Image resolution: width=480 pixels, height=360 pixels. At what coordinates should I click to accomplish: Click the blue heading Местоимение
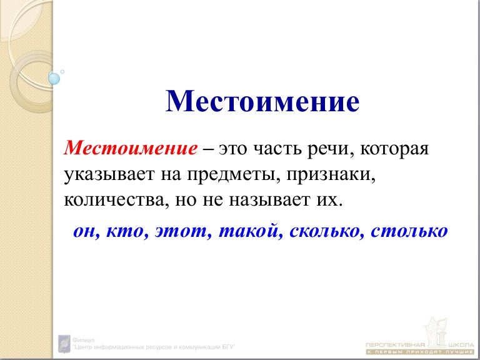(x=262, y=102)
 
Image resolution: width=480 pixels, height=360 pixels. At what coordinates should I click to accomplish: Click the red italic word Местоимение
(x=131, y=149)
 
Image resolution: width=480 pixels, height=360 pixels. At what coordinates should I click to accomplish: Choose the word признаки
(x=332, y=177)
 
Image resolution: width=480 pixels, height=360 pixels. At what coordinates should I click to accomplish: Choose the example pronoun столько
(x=409, y=231)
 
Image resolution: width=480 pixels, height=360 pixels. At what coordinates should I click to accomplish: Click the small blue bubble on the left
(x=54, y=79)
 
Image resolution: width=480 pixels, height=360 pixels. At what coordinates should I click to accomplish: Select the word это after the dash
(x=232, y=150)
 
